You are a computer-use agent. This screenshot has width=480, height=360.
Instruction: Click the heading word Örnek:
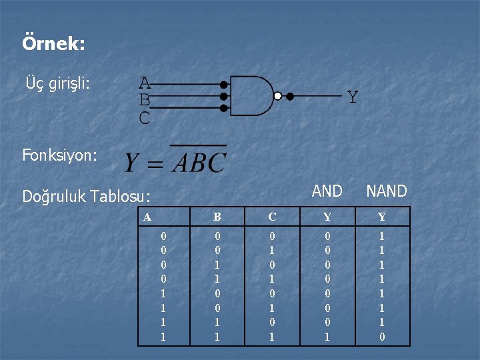pos(53,45)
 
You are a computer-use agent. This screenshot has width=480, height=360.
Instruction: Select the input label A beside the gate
pos(145,83)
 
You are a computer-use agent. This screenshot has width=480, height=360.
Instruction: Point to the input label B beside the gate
pos(145,101)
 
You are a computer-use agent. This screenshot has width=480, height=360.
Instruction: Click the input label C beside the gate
pos(145,119)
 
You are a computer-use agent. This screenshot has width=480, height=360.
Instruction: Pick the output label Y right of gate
pos(353,97)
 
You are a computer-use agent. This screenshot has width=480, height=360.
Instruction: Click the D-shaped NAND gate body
pos(250,96)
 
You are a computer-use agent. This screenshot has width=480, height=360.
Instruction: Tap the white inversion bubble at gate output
pos(279,96)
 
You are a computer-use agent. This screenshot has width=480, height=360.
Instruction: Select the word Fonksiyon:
pos(59,156)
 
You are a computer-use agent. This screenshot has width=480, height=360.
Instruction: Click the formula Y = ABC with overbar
pos(175,161)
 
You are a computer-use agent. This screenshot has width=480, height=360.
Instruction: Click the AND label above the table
pos(327,191)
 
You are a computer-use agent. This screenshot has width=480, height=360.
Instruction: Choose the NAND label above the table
pos(387,191)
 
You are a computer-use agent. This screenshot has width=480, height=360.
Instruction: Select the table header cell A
pos(147,217)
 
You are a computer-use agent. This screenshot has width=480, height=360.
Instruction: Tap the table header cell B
pos(217,217)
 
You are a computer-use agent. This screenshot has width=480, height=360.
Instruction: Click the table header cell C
pos(272,217)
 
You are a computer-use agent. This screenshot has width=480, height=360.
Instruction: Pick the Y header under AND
pos(327,217)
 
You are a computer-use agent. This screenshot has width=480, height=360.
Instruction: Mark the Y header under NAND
pos(382,217)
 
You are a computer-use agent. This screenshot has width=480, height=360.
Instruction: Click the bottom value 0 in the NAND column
pos(382,337)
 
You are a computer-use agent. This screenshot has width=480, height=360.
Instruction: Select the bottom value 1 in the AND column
pos(327,337)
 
